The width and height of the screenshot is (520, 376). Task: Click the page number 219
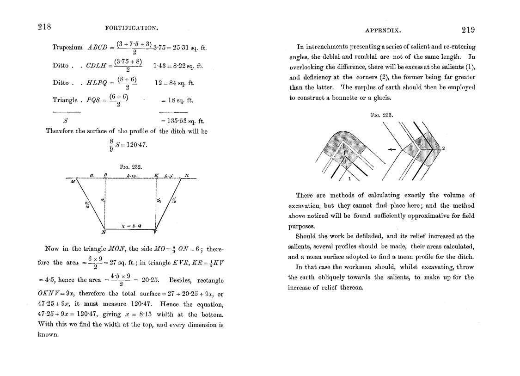[468, 31]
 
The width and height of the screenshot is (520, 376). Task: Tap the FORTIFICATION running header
[132, 28]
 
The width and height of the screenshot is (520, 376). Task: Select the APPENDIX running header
[383, 31]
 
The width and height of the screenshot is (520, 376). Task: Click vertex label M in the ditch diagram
[72, 182]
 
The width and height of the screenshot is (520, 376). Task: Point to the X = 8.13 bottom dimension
[131, 226]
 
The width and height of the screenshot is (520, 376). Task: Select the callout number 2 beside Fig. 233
[443, 148]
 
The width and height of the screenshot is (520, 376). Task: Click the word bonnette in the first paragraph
[355, 97]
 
